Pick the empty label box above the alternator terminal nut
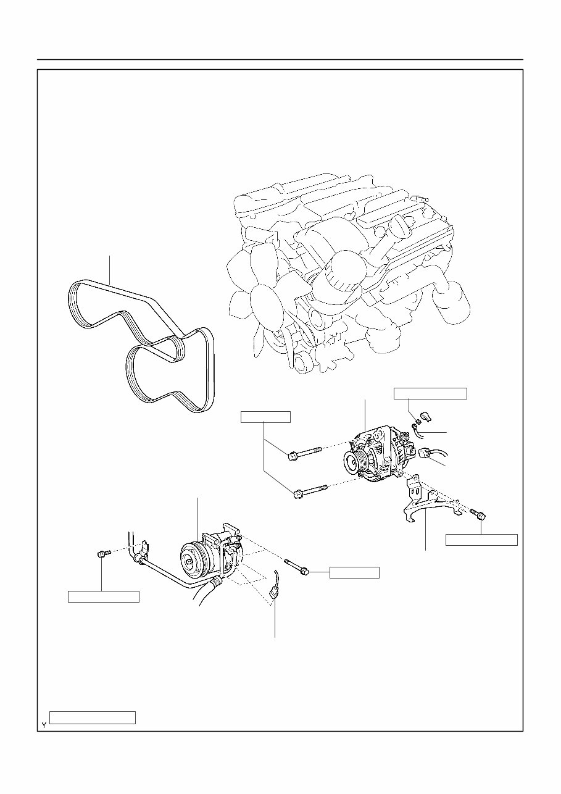[x=431, y=393]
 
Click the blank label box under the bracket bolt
[x=481, y=540]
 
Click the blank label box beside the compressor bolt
[x=354, y=572]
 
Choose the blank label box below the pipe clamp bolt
[x=103, y=596]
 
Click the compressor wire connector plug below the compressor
[x=274, y=593]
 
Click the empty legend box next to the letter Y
[x=93, y=717]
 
